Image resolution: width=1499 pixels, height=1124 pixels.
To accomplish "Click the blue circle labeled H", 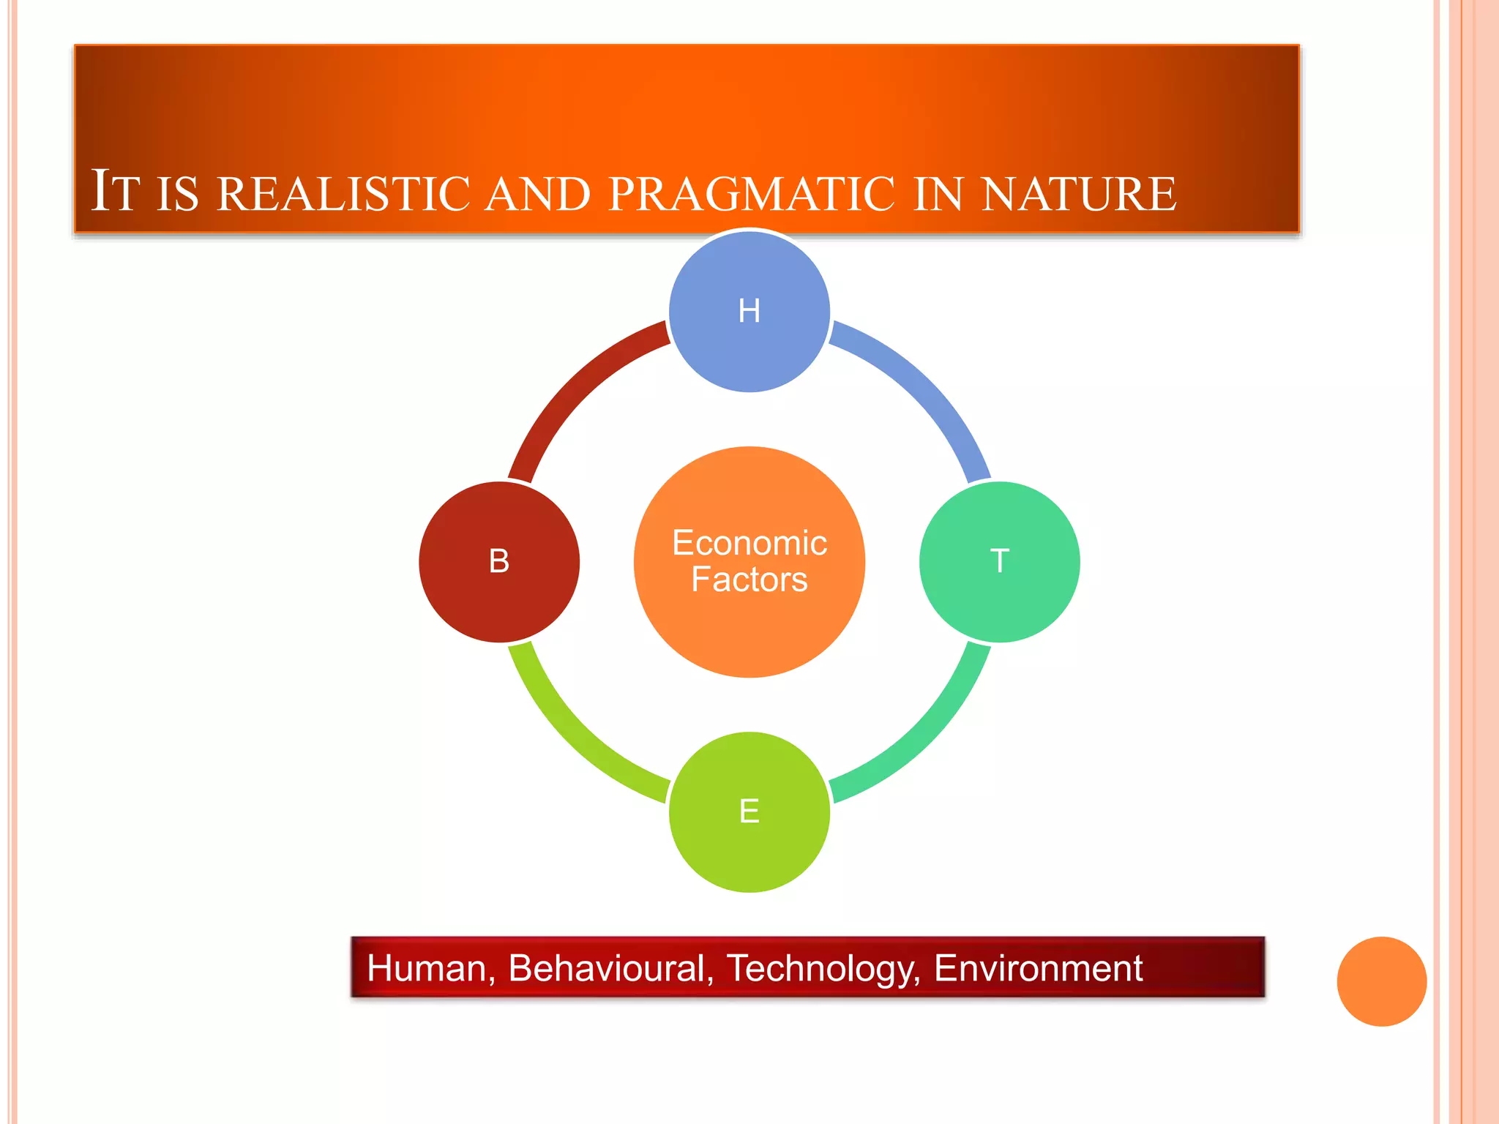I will click(749, 311).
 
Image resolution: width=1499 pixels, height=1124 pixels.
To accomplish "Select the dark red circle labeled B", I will click(499, 562).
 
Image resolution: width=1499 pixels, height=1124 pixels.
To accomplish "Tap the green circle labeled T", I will click(1000, 562).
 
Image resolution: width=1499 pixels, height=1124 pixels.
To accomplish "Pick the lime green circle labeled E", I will click(749, 812).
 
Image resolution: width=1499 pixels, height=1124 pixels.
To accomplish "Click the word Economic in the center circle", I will click(749, 543).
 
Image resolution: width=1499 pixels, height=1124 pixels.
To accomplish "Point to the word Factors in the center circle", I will click(749, 580).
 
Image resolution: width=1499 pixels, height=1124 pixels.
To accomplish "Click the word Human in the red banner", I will click(426, 968).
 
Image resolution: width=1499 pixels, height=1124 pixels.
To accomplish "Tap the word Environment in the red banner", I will click(1038, 968).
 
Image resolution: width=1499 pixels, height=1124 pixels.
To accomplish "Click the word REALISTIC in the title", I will click(344, 194).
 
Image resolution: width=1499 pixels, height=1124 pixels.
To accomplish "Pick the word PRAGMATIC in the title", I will click(751, 194).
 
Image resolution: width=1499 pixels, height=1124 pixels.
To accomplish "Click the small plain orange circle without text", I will click(1381, 981).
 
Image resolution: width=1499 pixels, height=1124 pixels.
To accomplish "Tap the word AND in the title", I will click(538, 194).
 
